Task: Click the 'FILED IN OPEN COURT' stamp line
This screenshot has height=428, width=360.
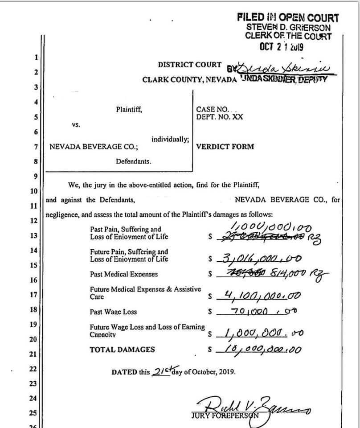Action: (288, 18)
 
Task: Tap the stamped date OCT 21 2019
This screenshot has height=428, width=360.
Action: (282, 46)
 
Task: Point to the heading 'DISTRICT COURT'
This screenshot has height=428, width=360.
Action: (189, 65)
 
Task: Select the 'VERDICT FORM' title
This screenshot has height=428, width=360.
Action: (225, 146)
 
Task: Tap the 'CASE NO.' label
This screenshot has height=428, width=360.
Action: (212, 109)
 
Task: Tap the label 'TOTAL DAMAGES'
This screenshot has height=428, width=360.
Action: (122, 350)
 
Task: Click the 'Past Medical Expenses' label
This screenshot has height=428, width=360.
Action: (123, 274)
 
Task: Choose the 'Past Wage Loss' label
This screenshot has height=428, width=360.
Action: (113, 312)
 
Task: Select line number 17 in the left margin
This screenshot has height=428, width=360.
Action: (33, 295)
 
